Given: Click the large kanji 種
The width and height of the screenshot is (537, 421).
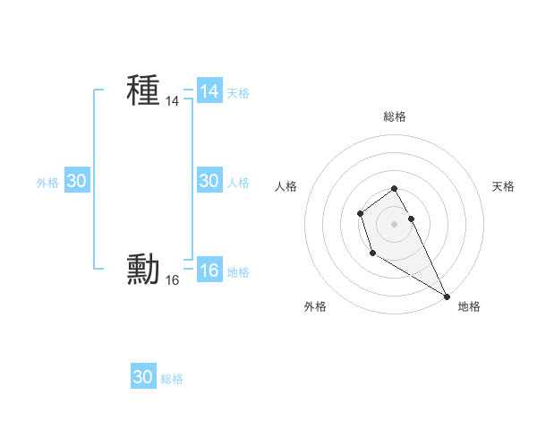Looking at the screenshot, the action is [143, 90].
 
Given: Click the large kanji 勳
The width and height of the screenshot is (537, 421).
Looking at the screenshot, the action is [143, 270].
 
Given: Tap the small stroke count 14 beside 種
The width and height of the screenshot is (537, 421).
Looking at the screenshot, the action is [173, 102].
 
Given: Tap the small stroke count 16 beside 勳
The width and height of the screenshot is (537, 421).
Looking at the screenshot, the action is [173, 281].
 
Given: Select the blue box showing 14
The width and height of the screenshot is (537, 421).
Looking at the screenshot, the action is [209, 91].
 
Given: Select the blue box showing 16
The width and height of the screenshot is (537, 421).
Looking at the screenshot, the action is [209, 271].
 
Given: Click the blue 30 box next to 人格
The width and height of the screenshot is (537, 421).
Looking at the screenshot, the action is [209, 181].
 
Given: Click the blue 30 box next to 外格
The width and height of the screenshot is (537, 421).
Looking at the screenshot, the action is [77, 181].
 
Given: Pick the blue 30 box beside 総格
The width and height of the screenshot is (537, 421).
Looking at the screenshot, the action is [143, 377].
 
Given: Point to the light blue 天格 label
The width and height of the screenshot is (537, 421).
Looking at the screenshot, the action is [238, 93].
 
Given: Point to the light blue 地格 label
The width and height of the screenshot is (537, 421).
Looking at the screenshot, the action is [238, 272].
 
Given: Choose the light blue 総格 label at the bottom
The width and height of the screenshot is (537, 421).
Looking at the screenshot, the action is [172, 379].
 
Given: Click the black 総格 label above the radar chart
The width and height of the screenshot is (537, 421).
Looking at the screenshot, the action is [395, 116].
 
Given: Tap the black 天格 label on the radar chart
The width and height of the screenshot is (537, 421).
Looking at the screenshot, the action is [503, 186].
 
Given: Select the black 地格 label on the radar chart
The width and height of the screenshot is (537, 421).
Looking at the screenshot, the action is [469, 306].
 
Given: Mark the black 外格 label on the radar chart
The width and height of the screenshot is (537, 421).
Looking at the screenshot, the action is [315, 306].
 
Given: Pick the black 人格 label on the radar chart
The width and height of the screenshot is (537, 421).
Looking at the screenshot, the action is [286, 186].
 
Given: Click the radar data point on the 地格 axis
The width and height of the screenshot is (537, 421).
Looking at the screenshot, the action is [447, 296].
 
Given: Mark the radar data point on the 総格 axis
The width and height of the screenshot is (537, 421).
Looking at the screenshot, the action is [395, 188].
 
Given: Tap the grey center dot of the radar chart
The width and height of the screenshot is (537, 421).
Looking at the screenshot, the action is [395, 224].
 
